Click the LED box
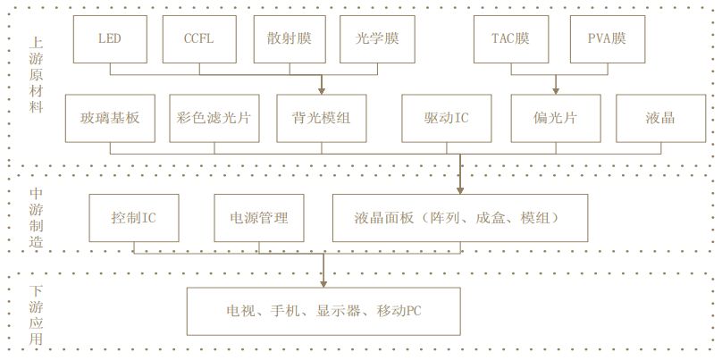pyautogui.click(x=109, y=38)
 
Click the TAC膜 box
pyautogui.click(x=510, y=38)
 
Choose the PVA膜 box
pyautogui.click(x=607, y=38)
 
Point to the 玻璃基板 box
pyautogui.click(x=111, y=119)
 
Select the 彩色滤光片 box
pyautogui.click(x=214, y=119)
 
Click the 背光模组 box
pyautogui.click(x=321, y=119)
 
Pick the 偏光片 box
pyautogui.click(x=555, y=119)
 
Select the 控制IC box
pyautogui.click(x=134, y=217)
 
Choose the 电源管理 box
pyautogui.click(x=259, y=217)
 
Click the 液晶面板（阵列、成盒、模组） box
pyautogui.click(x=461, y=217)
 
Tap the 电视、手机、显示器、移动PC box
pyautogui.click(x=323, y=311)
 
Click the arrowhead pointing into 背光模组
pyautogui.click(x=321, y=90)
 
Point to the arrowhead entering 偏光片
pyautogui.click(x=556, y=90)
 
